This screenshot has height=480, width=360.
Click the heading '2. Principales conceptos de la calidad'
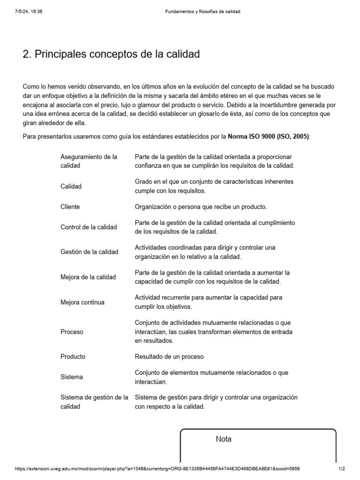point(111,54)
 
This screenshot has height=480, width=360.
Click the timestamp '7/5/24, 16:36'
point(29,12)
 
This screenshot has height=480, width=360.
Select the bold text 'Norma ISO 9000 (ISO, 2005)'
point(268,136)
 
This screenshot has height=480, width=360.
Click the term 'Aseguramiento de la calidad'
point(89,161)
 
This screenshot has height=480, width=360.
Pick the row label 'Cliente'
point(70,207)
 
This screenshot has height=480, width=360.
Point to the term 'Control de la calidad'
point(89,227)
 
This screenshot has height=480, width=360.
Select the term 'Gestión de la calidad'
point(90,252)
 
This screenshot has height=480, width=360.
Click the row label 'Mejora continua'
point(82,302)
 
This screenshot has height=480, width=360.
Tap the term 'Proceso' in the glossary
point(72,332)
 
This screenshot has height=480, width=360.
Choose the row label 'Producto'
point(73,357)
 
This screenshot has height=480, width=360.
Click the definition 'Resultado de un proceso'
point(169,357)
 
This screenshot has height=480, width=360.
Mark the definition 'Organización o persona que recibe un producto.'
point(201,207)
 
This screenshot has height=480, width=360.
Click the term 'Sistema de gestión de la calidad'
point(94,402)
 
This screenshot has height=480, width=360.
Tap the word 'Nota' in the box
point(224,439)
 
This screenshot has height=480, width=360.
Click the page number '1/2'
point(342,469)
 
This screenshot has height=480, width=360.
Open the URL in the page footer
point(157,469)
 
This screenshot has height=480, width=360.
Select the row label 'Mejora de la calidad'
point(88,277)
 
